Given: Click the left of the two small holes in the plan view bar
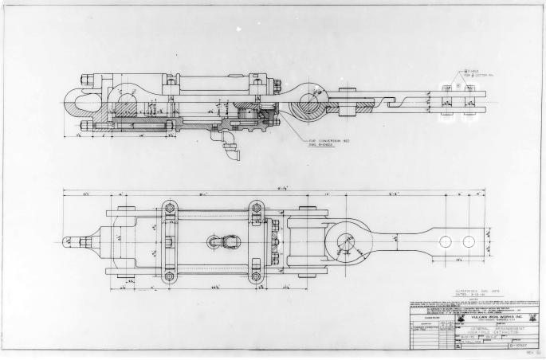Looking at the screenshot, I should pyautogui.click(x=446, y=241).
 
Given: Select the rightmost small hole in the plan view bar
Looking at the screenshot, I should pyautogui.click(x=468, y=241).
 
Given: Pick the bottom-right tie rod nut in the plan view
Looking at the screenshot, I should pyautogui.click(x=256, y=276).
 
